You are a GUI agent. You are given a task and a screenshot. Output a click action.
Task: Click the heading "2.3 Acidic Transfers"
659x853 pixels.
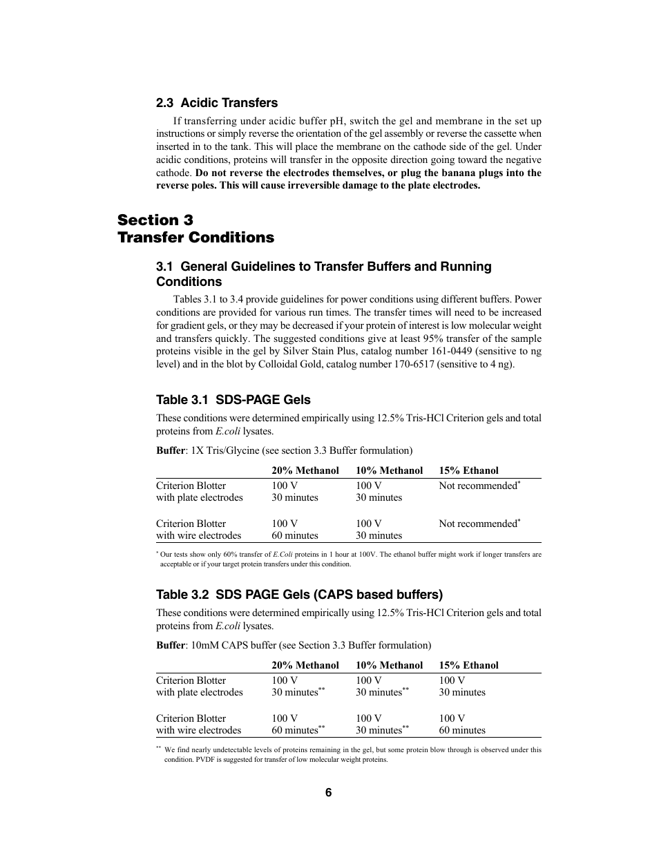tap(216, 103)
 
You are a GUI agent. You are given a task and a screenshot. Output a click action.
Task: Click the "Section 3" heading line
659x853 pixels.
tap(155, 220)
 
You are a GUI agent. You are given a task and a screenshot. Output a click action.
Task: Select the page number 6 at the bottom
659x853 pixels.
tap(329, 793)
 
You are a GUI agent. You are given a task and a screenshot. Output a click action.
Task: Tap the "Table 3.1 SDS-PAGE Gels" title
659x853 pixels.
tap(233, 400)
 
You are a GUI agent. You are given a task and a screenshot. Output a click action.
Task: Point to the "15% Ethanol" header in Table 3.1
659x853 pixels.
tap(468, 470)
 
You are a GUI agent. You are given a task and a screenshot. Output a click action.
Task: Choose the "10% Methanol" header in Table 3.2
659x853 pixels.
tap(389, 665)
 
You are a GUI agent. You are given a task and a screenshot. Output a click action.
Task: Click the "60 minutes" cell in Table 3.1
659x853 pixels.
tap(295, 535)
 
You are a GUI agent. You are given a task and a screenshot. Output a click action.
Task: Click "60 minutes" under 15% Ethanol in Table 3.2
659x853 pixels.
tap(462, 730)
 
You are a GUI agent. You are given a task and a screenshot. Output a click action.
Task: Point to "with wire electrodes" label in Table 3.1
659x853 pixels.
tap(199, 535)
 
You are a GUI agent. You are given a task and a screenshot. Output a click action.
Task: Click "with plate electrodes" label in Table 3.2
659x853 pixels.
tap(200, 692)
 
